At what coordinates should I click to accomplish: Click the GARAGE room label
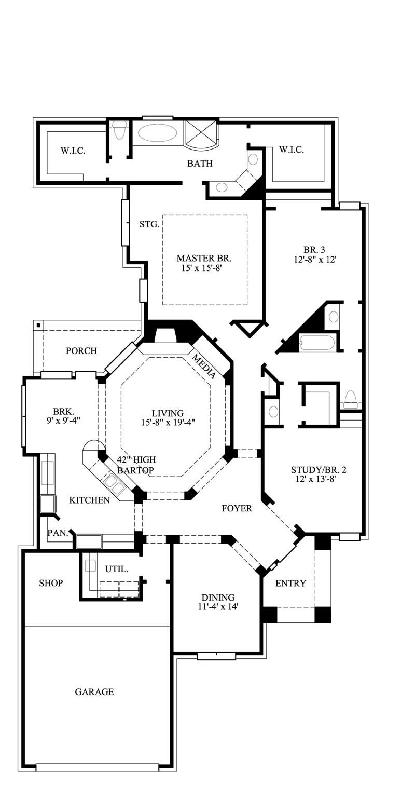click(x=94, y=691)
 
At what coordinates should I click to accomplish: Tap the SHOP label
click(x=51, y=583)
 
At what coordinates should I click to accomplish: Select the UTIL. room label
click(x=116, y=569)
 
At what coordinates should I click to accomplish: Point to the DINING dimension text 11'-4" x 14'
click(x=218, y=606)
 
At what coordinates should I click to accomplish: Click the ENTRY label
click(x=290, y=583)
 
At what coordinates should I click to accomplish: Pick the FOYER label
click(x=237, y=508)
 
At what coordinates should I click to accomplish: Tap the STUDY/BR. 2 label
click(x=319, y=470)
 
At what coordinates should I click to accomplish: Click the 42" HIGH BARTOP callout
click(x=136, y=465)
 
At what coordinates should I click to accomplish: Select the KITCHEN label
click(x=89, y=500)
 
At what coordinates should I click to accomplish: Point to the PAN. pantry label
click(x=58, y=533)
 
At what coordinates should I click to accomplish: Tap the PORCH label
click(x=81, y=351)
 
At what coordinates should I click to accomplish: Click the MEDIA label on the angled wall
click(x=204, y=365)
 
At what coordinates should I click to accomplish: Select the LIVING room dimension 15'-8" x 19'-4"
click(x=168, y=423)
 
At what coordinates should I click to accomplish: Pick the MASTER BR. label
click(x=204, y=258)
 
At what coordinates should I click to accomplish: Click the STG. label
click(x=149, y=224)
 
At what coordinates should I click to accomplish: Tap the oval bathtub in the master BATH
click(x=157, y=133)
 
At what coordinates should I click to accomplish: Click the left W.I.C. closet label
click(x=73, y=151)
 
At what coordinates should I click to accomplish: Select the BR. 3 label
click(x=314, y=249)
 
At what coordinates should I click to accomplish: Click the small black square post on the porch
click(x=39, y=326)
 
